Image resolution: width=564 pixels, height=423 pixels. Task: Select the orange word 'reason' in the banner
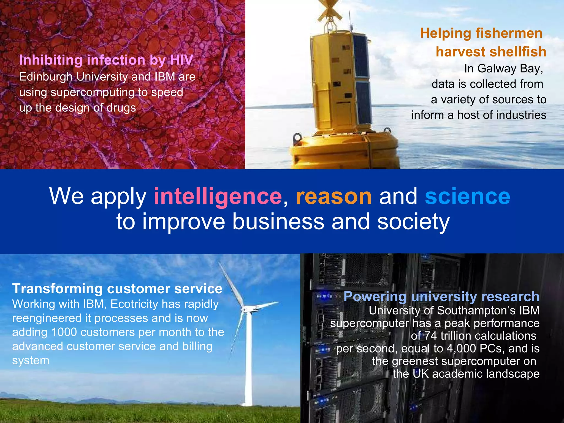[334, 197]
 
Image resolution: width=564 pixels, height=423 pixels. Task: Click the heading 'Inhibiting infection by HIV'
[106, 60]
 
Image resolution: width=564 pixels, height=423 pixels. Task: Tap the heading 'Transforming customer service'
[117, 289]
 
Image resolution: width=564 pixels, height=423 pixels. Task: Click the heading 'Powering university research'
[441, 296]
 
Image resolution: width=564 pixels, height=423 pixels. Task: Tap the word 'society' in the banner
[413, 222]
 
